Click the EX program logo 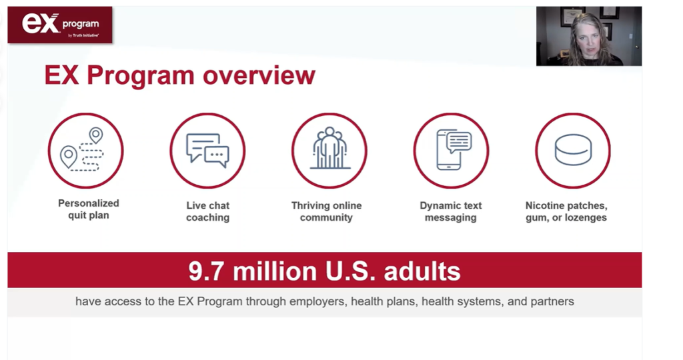pos(60,25)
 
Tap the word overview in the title pos(259,75)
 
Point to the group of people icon pos(329,148)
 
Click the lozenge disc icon pos(573,150)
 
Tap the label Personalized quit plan pos(89,209)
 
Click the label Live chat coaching pos(208,211)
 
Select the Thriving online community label pos(326,211)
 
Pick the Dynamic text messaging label pos(450,211)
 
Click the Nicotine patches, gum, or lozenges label pos(566,211)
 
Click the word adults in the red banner pos(422,271)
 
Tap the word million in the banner pos(275,271)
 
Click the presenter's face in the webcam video pos(588,37)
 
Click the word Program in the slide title pos(140,76)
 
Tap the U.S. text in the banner pos(350,271)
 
